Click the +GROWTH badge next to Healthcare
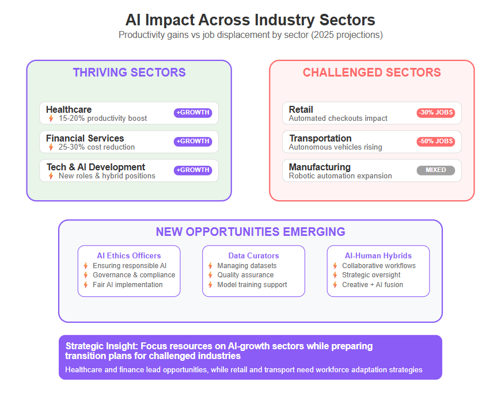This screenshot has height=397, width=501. (x=193, y=113)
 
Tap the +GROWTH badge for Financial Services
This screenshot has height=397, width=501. (x=193, y=142)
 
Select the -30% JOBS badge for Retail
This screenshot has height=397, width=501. (x=436, y=113)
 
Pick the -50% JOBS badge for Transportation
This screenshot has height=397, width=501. (x=436, y=142)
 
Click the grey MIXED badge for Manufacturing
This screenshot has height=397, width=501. (x=436, y=170)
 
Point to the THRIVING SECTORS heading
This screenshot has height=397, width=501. (x=129, y=72)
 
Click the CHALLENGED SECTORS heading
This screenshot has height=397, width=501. (x=372, y=72)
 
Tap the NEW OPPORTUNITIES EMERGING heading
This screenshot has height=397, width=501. (x=251, y=232)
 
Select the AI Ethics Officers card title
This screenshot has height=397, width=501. (x=129, y=255)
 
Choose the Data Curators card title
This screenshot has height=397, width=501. (x=254, y=255)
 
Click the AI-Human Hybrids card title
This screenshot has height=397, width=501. (x=378, y=255)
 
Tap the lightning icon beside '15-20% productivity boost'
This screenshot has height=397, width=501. (x=51, y=119)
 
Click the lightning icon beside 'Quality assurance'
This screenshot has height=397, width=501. (x=210, y=275)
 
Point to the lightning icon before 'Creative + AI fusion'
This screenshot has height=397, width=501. (x=335, y=285)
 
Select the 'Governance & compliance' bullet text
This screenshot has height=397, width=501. (x=134, y=275)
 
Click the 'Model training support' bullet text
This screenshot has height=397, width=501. (x=252, y=285)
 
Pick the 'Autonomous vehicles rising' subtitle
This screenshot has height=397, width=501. (x=336, y=147)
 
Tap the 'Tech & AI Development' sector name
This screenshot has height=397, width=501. (x=96, y=167)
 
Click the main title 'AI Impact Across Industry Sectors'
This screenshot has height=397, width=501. (x=250, y=20)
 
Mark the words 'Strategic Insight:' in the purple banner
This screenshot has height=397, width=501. (x=102, y=346)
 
